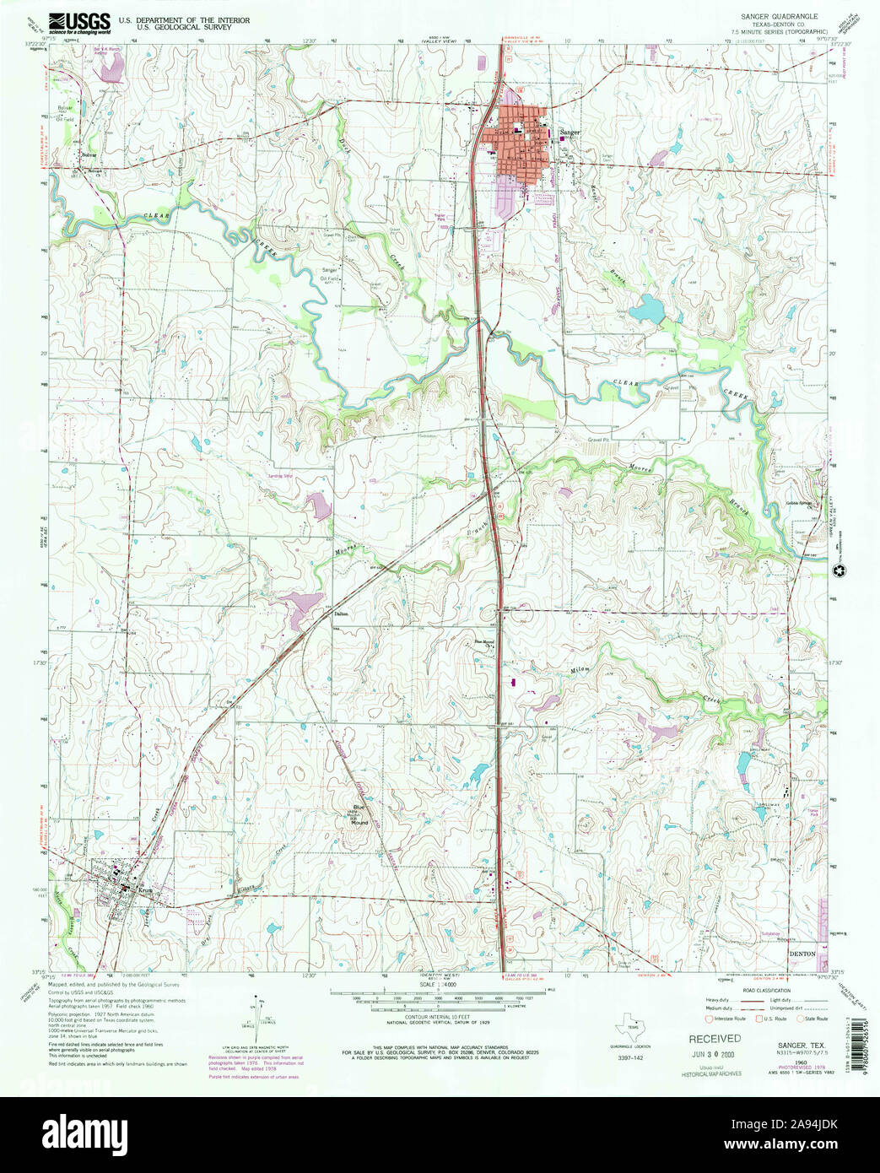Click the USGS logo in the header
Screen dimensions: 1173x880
tap(79, 23)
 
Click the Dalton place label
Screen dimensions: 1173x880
tap(341, 614)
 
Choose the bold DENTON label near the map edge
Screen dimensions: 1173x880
tap(801, 953)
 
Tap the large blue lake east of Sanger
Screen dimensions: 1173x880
tap(647, 310)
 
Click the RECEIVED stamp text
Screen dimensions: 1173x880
tap(715, 1039)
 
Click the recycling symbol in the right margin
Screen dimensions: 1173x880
tap(839, 573)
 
